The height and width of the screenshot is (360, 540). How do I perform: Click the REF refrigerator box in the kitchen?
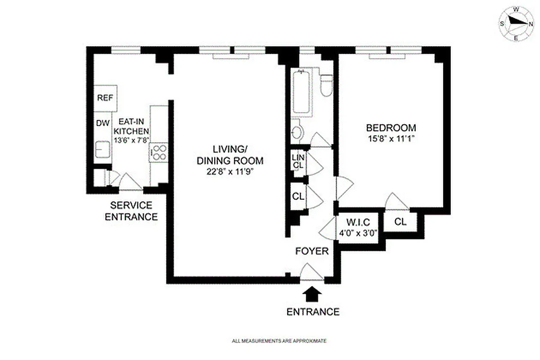[x=105, y=97]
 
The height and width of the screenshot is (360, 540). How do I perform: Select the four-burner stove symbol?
[x=159, y=152]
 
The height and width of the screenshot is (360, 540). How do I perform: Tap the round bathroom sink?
[x=297, y=132]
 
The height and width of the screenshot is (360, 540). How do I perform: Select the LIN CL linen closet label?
[x=298, y=161]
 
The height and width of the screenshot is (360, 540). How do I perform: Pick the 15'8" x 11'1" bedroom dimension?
[x=391, y=139]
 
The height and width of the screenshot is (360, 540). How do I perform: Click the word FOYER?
[x=311, y=251]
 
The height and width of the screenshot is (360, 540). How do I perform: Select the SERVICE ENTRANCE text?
[x=131, y=211]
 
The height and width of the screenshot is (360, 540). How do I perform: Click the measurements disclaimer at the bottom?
[x=279, y=341]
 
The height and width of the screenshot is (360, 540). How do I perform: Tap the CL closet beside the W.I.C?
[x=400, y=221]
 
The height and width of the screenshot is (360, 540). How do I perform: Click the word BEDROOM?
[x=391, y=127]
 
